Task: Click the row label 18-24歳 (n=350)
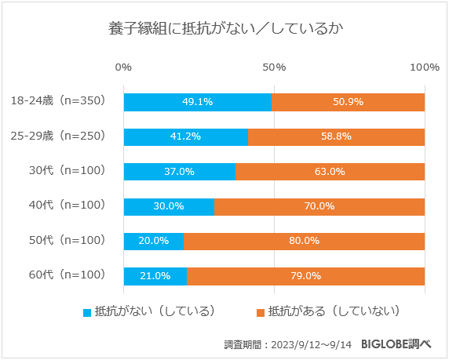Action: tap(58, 101)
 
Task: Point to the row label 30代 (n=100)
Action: tap(67, 171)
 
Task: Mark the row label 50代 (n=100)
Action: tap(67, 241)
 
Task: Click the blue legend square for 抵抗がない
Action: tap(87, 312)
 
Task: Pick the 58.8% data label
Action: tap(335, 136)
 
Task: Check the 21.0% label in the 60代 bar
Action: tap(155, 276)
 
